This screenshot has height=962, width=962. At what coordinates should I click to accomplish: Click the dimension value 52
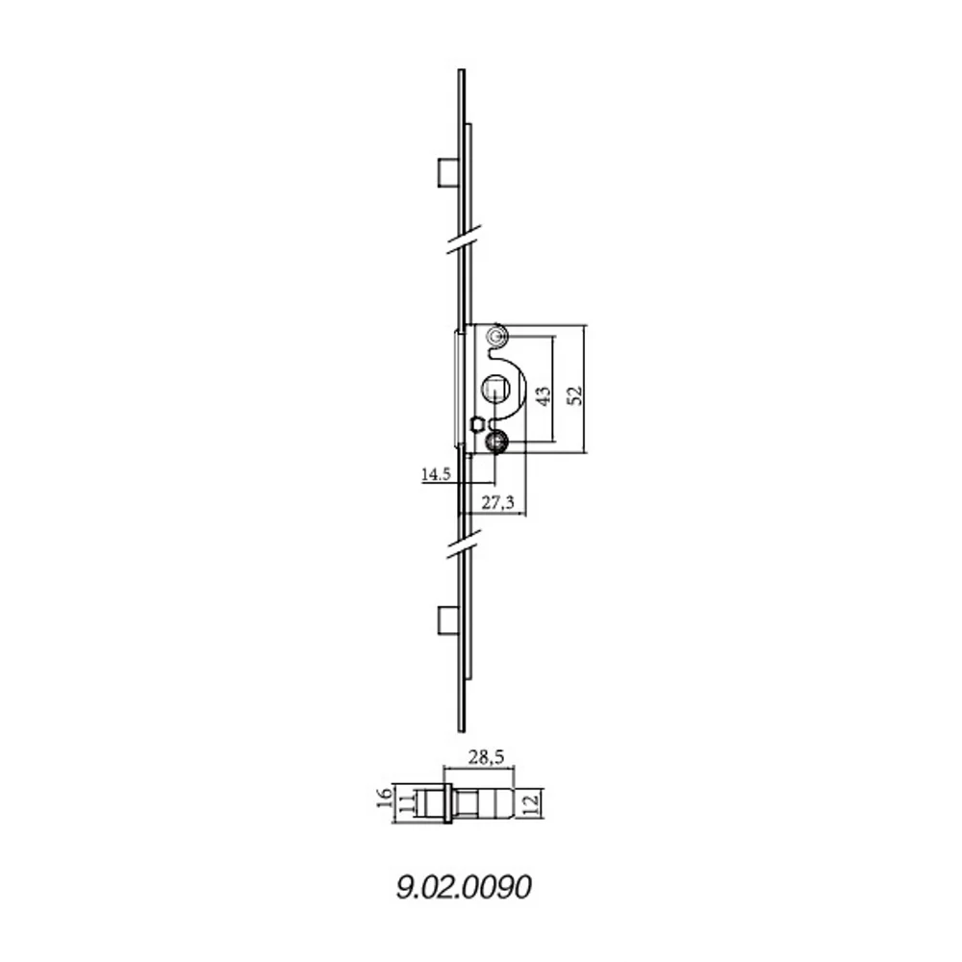[575, 395]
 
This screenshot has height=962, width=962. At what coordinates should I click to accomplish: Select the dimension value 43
[544, 395]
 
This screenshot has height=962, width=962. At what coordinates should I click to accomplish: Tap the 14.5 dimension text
[435, 474]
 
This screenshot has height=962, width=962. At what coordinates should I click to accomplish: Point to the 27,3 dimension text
[496, 503]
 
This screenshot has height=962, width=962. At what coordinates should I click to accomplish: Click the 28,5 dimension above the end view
[488, 758]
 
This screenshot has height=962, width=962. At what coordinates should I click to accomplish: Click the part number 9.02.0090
[464, 886]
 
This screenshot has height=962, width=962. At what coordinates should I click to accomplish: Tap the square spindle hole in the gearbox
[494, 390]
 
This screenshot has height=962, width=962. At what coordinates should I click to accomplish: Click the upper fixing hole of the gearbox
[496, 336]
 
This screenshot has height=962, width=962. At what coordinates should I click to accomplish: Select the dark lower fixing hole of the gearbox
[496, 443]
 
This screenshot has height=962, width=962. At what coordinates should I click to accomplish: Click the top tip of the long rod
[462, 72]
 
